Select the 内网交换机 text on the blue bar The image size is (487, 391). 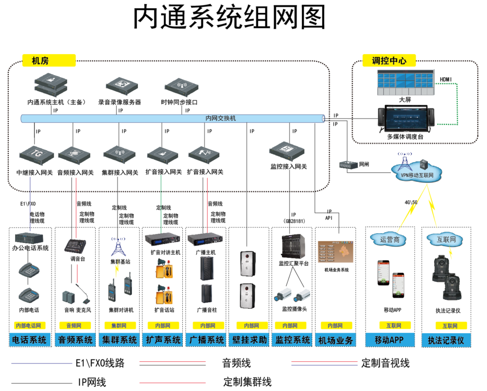coord(221,119)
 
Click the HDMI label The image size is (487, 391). coord(446,80)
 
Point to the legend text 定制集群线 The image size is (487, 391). coord(247,382)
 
